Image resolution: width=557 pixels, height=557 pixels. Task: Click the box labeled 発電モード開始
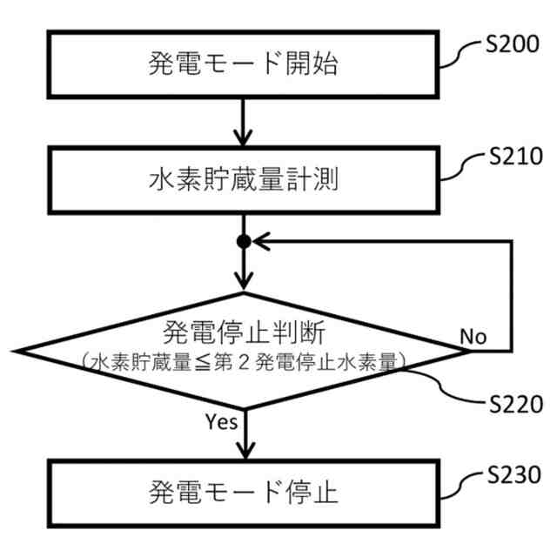coord(243,64)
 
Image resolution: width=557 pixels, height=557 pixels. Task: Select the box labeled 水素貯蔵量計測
coord(243,179)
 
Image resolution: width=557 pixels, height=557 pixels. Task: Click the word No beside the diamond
coord(473,336)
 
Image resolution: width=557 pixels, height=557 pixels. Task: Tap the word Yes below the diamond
coord(221,422)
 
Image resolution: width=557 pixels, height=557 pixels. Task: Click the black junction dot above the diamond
coord(244,241)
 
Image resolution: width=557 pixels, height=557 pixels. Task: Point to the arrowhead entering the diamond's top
coord(244,280)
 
